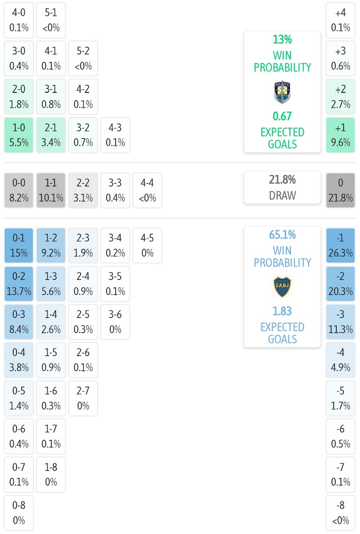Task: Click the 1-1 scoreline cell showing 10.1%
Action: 51,191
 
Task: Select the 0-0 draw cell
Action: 19,191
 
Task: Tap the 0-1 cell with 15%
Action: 19,245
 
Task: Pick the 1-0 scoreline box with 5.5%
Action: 19,135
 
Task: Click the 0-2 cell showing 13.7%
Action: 19,283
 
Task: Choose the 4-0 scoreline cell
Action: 19,20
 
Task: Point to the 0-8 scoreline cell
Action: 19,513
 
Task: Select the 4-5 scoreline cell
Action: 148,245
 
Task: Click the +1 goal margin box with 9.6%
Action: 341,135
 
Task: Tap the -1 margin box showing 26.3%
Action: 341,245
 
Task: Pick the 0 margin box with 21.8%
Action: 341,191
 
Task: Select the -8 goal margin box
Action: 341,513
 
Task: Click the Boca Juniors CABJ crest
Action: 282,287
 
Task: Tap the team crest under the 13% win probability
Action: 282,92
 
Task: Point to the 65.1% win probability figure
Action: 282,235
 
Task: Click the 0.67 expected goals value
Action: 282,116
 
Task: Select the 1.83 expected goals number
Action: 282,311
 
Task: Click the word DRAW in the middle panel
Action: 282,196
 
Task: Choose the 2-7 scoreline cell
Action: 83,398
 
